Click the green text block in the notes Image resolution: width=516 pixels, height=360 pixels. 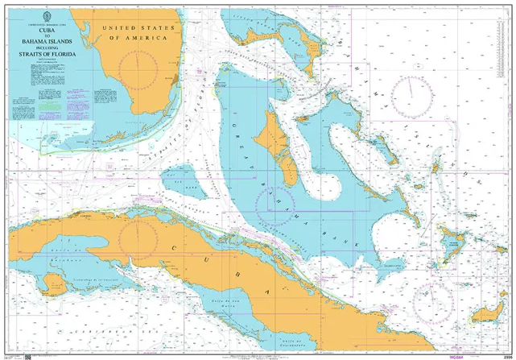[51, 105]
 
